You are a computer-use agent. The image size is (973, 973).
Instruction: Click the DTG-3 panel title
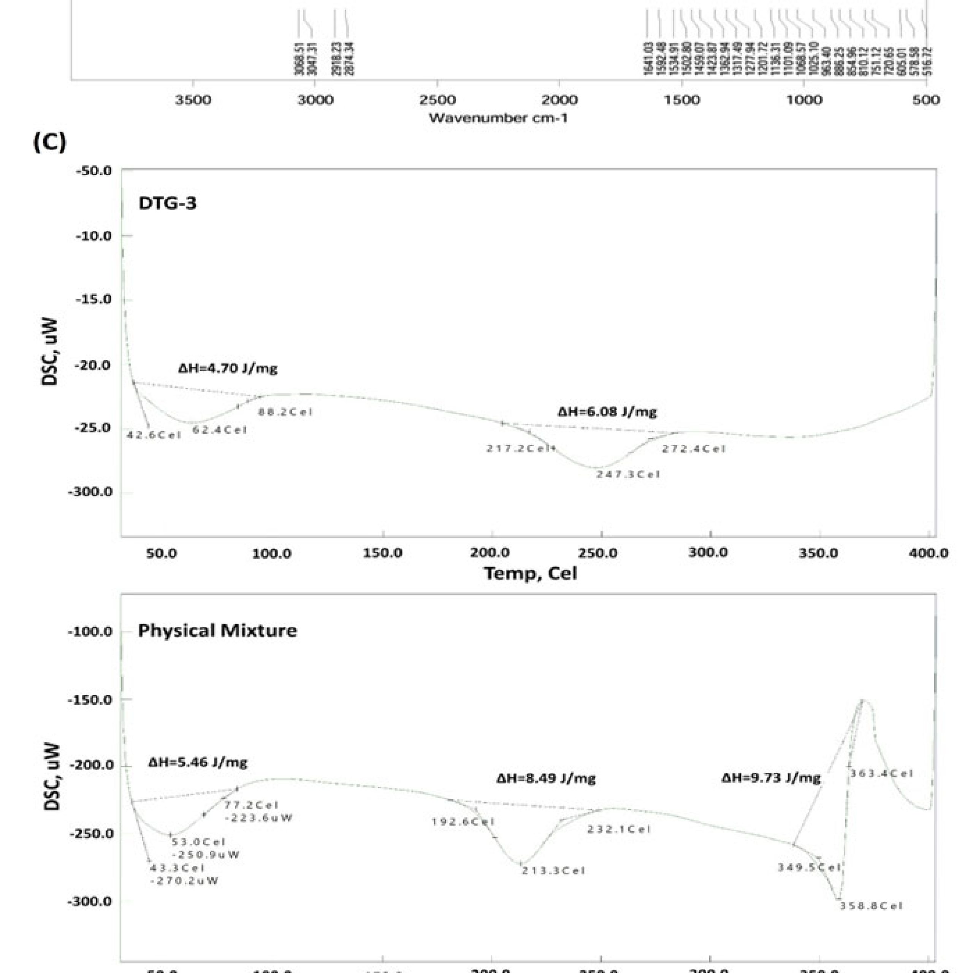(167, 203)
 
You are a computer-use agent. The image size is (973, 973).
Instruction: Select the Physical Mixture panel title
(217, 630)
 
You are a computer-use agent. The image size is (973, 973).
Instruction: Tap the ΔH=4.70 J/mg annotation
(228, 368)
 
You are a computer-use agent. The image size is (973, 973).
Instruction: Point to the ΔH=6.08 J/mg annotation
(607, 412)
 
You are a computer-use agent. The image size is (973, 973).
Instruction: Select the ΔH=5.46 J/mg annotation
(197, 762)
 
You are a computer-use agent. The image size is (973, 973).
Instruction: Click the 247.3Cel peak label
(628, 474)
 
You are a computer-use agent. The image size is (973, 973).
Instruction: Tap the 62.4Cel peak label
(220, 430)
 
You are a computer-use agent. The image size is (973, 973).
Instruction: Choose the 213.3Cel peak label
(553, 871)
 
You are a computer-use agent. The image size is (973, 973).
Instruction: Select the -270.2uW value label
(184, 881)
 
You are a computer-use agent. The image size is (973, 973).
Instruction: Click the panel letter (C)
(49, 143)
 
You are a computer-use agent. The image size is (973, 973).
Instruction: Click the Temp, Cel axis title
(530, 573)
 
